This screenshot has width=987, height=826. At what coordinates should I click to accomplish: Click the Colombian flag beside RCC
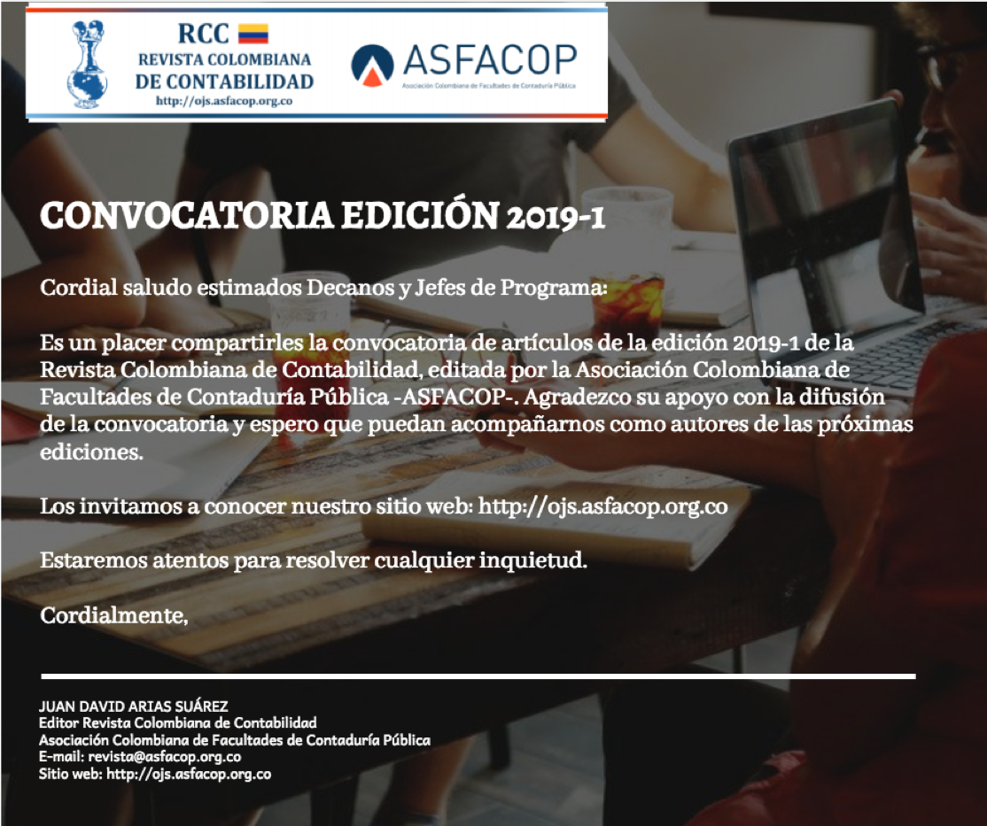253,35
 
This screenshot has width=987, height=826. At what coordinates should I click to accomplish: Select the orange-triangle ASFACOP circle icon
372,64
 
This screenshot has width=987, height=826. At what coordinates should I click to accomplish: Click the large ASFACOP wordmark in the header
489,59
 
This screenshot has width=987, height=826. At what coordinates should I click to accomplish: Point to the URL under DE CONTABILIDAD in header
224,101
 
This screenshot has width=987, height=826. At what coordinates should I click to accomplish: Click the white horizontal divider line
478,677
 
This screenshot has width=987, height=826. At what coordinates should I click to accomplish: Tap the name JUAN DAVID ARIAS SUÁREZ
134,706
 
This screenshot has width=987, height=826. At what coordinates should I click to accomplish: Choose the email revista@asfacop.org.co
165,757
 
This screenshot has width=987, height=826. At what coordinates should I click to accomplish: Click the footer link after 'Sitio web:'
188,774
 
